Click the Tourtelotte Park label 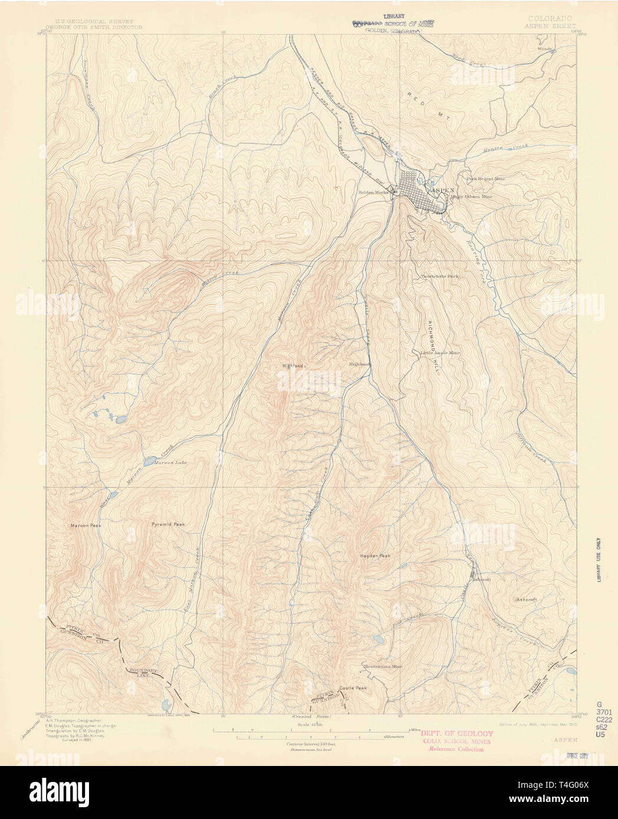[x=439, y=276]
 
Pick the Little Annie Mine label [x=440, y=353]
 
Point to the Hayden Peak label [x=376, y=556]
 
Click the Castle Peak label [x=353, y=688]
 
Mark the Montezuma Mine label [x=382, y=666]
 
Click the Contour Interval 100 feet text [x=305, y=744]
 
